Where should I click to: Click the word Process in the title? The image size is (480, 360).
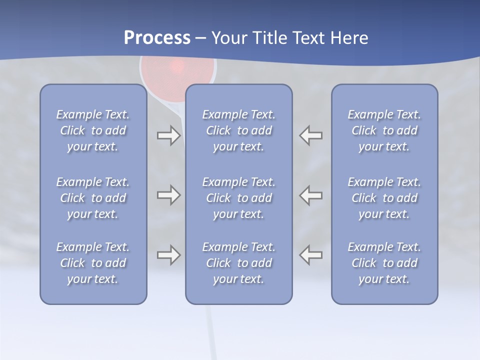157,37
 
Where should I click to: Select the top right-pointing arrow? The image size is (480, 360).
168,135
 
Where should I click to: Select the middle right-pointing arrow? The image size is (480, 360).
168,195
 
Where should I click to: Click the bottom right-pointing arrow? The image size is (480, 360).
168,255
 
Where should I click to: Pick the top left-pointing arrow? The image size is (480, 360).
311,135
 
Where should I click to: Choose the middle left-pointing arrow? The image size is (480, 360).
311,195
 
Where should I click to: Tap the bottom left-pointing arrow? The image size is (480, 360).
311,255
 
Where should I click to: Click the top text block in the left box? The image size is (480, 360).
93,130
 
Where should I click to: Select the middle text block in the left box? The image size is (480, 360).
93,198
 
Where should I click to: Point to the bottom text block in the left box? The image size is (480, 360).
93,263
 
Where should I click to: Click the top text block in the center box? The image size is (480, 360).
238,130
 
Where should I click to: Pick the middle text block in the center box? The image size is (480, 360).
238,198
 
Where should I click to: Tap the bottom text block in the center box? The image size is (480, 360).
238,263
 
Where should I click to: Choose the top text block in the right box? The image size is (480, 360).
384,130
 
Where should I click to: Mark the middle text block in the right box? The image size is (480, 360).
384,198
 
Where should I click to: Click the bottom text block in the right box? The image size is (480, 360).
384,263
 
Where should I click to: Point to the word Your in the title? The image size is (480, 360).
229,37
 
